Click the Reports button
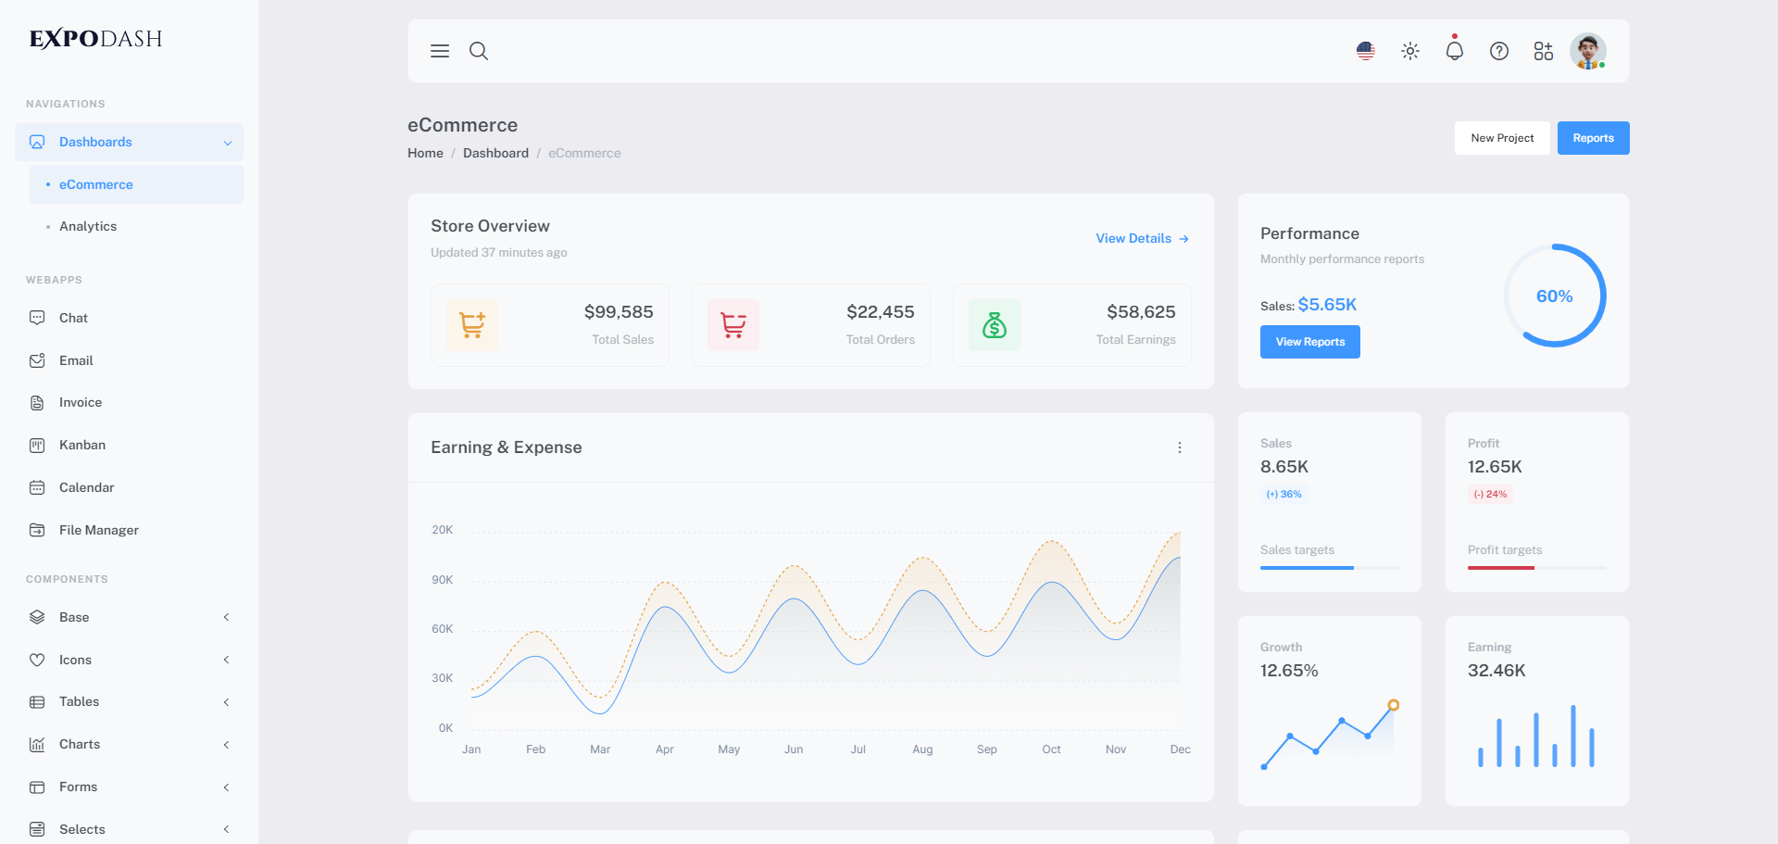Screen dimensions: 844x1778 point(1593,138)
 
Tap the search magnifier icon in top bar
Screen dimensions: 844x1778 point(478,51)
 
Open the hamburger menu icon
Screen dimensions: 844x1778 point(440,51)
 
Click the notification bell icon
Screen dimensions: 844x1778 point(1454,51)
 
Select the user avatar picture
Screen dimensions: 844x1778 point(1587,51)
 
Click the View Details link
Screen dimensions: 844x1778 point(1142,238)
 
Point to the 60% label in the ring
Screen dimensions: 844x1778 point(1554,296)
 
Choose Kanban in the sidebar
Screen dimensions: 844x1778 point(81,445)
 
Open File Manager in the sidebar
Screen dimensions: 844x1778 point(98,530)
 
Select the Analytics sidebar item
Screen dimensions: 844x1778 point(88,226)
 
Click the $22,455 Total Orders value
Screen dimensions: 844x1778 point(880,312)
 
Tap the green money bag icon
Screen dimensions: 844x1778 point(994,325)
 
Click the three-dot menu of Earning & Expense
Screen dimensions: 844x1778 point(1179,447)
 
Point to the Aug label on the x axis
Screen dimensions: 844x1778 point(922,750)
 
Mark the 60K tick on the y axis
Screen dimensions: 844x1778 point(443,629)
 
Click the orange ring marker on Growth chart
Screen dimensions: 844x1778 point(1393,705)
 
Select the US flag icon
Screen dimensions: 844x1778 point(1365,51)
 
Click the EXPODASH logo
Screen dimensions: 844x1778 point(96,39)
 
